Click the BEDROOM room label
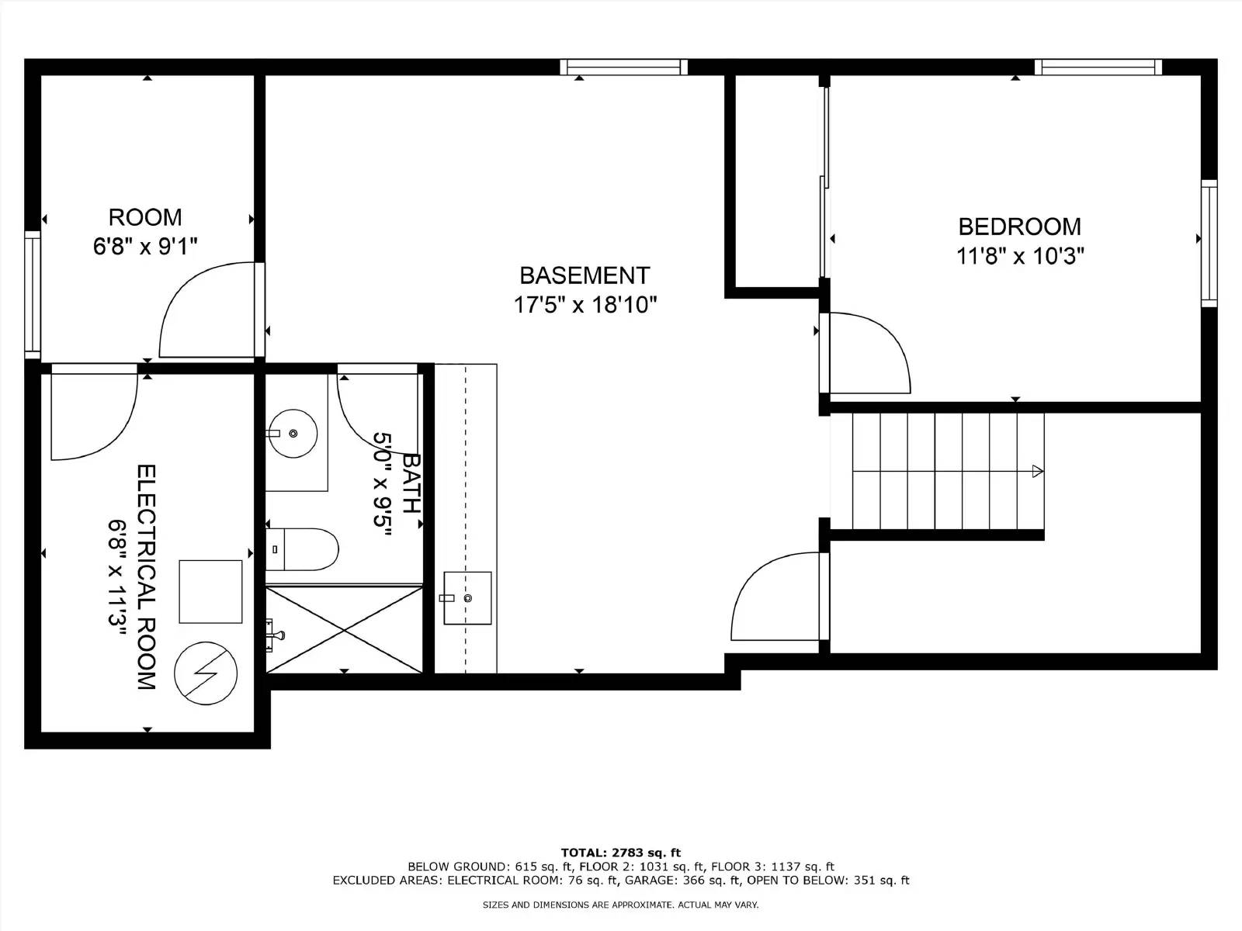pos(1018,227)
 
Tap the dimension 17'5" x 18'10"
pos(585,305)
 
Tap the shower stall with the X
pos(344,629)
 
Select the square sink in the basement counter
pos(467,597)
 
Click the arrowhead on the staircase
pos(1036,471)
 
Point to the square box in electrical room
pos(210,591)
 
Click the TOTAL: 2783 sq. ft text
pos(620,853)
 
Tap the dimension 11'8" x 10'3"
pos(1019,256)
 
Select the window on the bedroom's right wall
pos(1209,243)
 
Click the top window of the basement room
pos(623,67)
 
